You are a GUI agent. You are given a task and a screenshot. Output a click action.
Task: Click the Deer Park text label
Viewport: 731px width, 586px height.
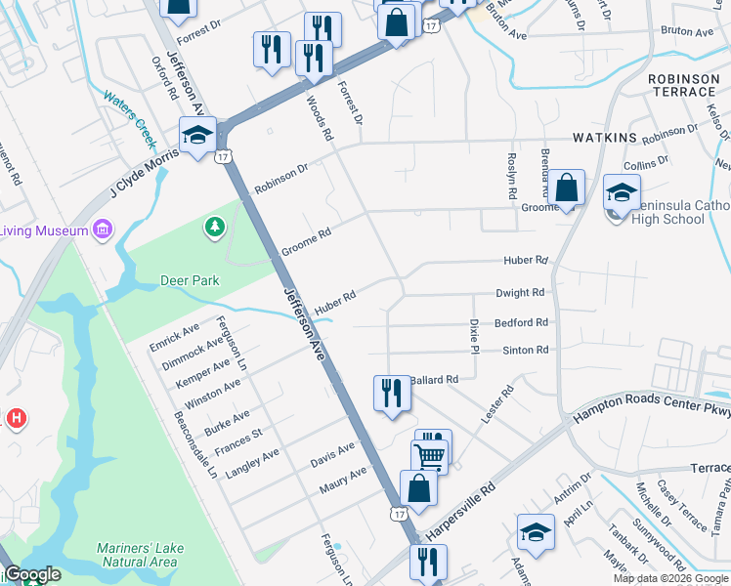190,281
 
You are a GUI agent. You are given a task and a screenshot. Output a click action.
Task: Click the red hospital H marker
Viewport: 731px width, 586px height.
16,419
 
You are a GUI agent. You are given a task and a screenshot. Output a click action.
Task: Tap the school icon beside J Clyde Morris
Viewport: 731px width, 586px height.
196,136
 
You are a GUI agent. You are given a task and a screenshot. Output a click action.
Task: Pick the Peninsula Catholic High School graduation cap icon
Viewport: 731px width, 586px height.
621,191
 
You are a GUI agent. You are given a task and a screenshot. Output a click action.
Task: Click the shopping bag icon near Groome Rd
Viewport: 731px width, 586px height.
566,188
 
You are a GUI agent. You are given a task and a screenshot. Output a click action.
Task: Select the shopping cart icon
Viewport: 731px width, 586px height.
428,456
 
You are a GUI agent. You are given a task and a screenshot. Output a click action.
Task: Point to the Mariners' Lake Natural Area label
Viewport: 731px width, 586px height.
138,555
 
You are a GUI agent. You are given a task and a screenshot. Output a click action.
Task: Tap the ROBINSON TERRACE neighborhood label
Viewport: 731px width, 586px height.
681,85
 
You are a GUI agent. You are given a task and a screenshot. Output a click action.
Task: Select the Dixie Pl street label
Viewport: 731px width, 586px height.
475,335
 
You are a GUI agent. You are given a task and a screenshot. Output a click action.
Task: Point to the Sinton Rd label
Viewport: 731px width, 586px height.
526,350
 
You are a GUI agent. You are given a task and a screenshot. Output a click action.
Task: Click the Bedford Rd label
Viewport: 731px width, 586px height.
521,321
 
